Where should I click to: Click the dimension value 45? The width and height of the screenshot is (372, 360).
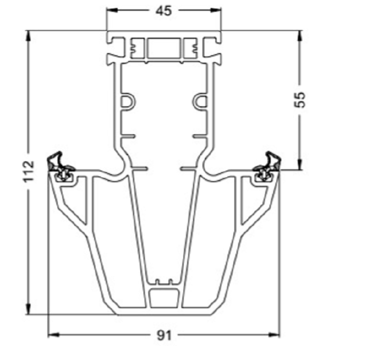point(164,11)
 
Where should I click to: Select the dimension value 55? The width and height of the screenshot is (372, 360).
point(300,99)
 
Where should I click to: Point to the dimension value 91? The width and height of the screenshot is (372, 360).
point(164,336)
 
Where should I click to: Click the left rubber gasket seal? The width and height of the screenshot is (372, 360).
point(61,167)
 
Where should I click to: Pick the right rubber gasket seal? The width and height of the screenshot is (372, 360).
point(266,167)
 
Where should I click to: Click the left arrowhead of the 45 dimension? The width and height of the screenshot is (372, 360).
point(112,10)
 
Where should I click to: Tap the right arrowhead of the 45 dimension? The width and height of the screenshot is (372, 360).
point(216,10)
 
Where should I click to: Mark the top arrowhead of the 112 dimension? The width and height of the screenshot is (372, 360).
point(29,36)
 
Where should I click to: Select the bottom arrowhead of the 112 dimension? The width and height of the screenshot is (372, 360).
point(29,308)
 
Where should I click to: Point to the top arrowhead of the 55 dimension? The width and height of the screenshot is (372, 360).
point(300,36)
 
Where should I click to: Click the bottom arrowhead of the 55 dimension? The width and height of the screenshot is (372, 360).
point(300,164)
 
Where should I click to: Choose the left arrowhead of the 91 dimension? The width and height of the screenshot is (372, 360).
point(54,335)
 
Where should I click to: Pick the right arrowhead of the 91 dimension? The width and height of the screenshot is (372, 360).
point(274,335)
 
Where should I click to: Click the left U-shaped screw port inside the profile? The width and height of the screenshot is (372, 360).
point(128,102)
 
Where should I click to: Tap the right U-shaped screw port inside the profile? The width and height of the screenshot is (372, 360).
point(200,102)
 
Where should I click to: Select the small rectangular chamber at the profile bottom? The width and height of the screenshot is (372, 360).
point(164,298)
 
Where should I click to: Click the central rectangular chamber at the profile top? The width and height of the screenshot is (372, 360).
point(164,48)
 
